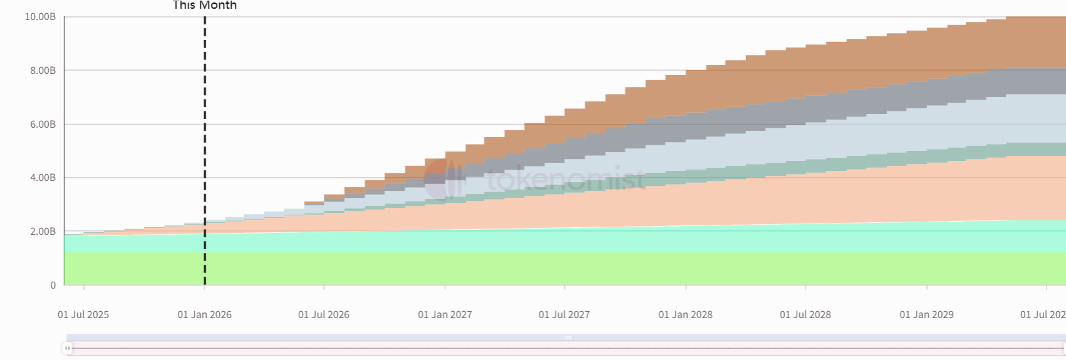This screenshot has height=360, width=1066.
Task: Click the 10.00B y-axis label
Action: tap(40, 17)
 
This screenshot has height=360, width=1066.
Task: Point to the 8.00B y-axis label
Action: tap(43, 71)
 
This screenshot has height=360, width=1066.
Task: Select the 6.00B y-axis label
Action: tap(43, 125)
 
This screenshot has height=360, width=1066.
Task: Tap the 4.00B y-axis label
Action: tap(43, 178)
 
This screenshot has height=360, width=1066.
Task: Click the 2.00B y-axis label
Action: tap(43, 232)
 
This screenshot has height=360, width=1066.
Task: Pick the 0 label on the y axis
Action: tap(53, 285)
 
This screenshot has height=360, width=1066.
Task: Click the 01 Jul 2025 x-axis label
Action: tap(83, 315)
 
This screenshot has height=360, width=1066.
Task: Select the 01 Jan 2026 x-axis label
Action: tap(204, 315)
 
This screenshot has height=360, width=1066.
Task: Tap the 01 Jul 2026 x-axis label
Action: tap(324, 315)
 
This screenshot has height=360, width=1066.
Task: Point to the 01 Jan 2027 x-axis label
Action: tap(445, 315)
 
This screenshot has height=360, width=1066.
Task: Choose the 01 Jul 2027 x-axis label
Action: tap(564, 315)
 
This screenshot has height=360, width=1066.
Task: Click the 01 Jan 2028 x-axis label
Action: tap(685, 315)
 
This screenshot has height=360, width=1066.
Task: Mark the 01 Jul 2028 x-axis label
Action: tap(805, 315)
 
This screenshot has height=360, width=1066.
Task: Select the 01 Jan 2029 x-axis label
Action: tap(926, 315)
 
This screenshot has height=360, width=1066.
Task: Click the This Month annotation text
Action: tap(205, 6)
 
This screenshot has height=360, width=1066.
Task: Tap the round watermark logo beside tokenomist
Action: tap(444, 179)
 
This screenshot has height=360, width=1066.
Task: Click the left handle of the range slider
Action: tap(68, 348)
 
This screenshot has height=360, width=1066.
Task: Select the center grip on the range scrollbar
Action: tap(568, 337)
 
